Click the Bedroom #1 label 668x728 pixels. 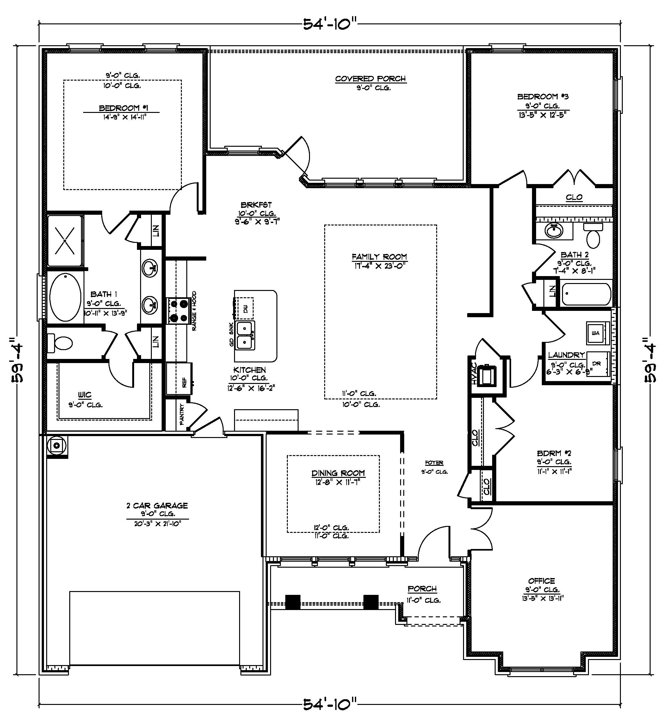click(124, 108)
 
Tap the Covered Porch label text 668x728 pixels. click(370, 79)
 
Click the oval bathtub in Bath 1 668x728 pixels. click(65, 298)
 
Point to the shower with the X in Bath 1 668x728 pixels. click(65, 240)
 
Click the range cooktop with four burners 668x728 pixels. click(178, 311)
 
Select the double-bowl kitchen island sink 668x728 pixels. click(245, 335)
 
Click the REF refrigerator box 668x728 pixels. click(179, 379)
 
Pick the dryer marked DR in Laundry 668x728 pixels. click(597, 364)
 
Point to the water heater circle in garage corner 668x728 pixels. click(57, 446)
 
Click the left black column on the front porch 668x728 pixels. click(293, 602)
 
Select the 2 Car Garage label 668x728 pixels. click(157, 506)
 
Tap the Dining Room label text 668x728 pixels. click(338, 473)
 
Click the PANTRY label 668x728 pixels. click(182, 414)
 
